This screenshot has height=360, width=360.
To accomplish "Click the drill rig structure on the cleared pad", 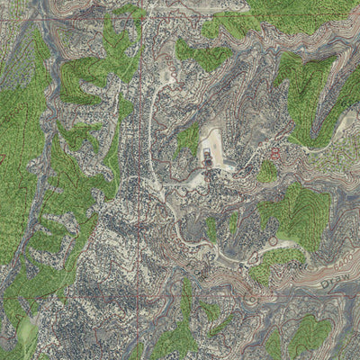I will [208, 160].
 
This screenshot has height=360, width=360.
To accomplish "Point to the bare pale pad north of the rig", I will [211, 139].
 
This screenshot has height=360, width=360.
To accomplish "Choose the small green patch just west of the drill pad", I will [188, 138].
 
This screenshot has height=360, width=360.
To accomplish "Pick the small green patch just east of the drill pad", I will [266, 171].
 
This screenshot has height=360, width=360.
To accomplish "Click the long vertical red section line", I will [139, 180].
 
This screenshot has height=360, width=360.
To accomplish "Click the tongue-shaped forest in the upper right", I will [306, 85].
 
